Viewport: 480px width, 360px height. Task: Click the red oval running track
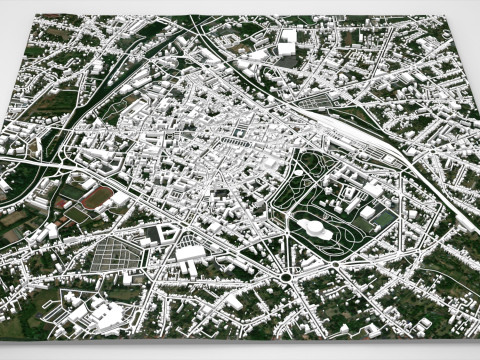pos(97,197)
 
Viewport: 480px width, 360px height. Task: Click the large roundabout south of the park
pos(286,277)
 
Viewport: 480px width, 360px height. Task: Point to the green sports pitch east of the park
pos(357,219)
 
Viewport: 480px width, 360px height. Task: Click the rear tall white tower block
pos(287,38)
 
